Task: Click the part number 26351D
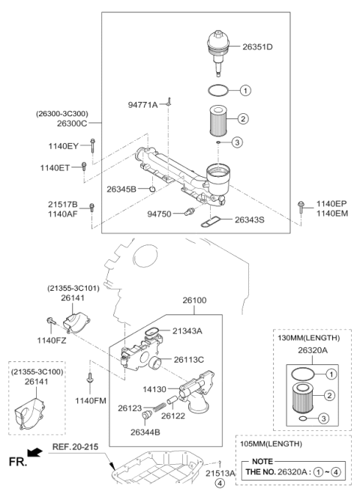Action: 256,47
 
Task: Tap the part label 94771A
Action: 142,105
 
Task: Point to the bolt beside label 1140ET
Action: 84,166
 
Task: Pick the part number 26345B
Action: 121,189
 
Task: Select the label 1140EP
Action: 331,203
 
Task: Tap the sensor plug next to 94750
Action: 188,214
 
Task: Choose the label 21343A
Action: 187,331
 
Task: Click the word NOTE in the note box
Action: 262,463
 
